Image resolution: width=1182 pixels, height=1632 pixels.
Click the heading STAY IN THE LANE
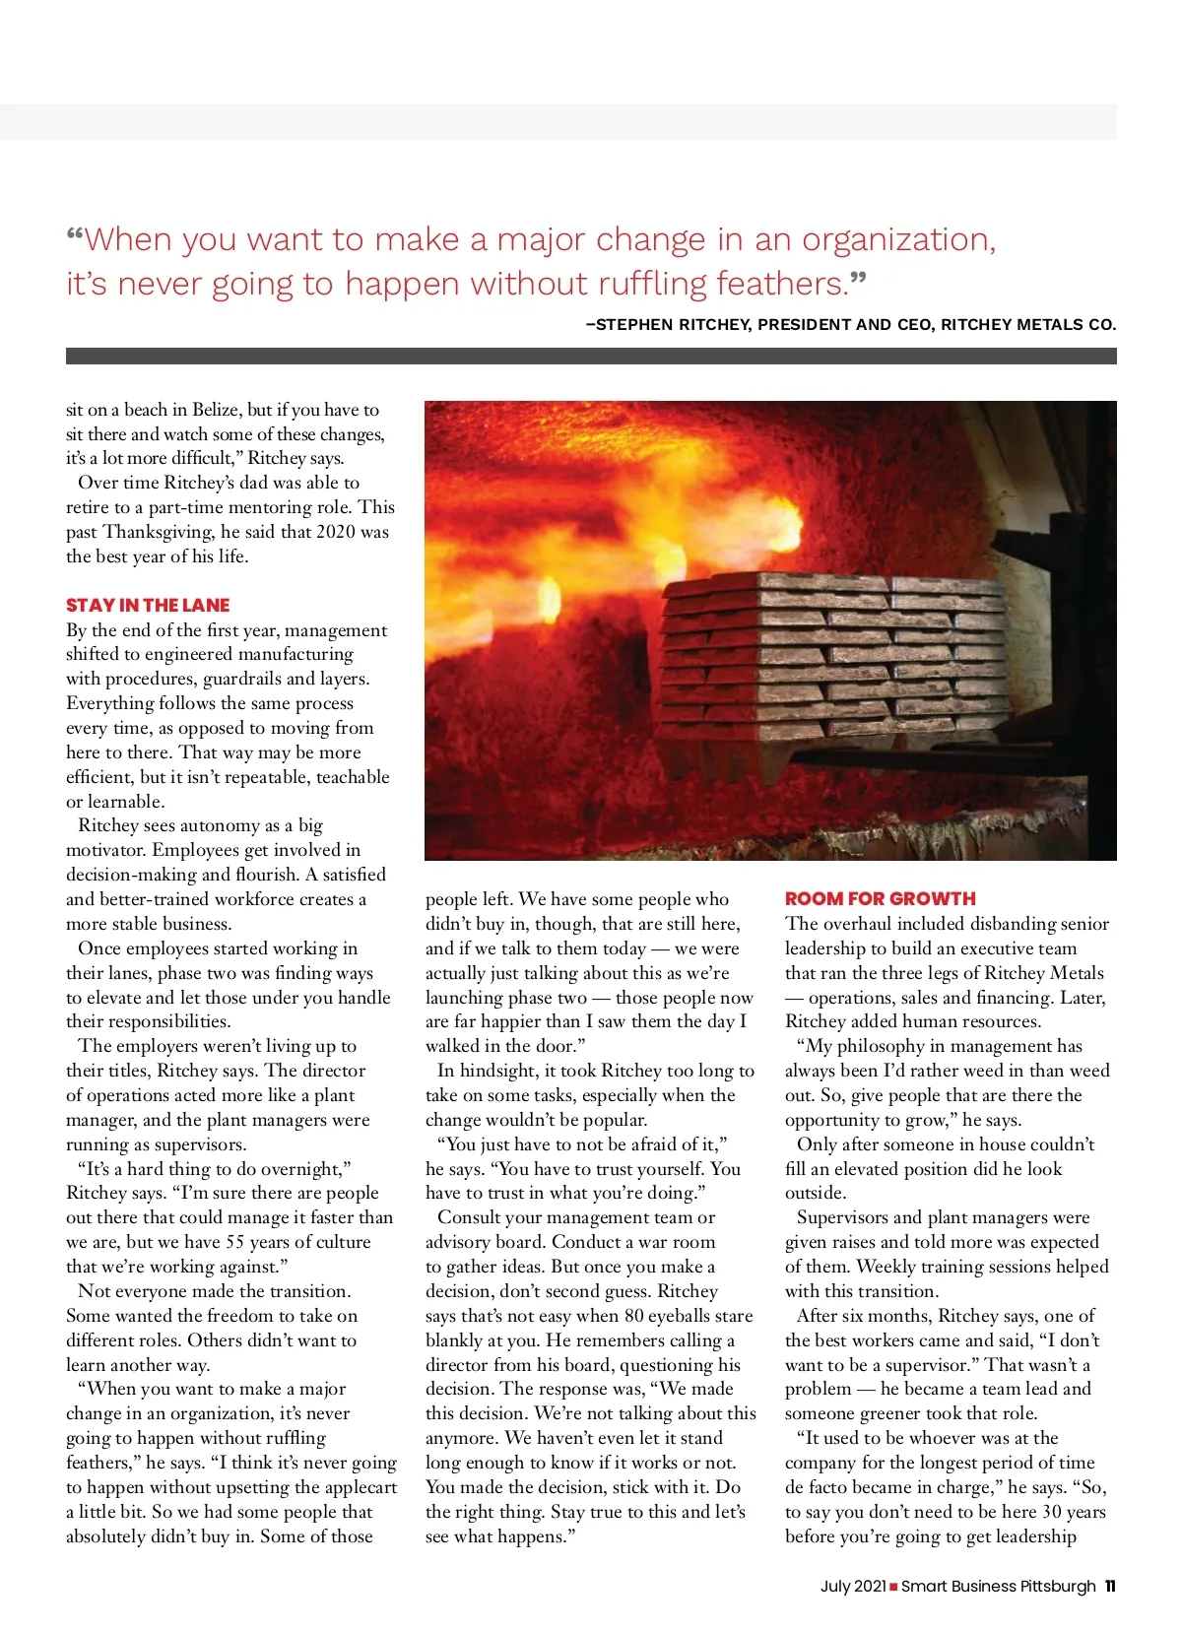148,605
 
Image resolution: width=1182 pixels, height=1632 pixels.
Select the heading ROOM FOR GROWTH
880,898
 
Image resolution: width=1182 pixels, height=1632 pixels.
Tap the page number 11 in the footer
1110,1586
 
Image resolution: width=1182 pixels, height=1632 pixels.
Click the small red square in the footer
893,1587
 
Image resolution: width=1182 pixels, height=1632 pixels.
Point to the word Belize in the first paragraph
216,410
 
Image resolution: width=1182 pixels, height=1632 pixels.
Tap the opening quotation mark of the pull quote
75,236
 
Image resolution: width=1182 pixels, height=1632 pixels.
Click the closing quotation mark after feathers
858,281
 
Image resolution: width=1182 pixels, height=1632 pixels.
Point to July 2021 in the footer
853,1586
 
